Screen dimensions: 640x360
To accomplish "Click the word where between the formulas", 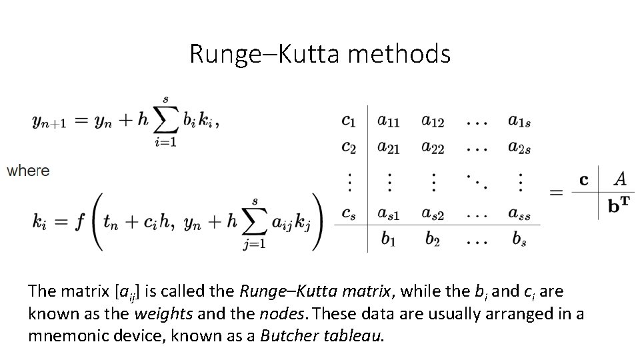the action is point(28,171).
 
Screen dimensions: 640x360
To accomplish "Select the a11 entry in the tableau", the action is point(389,121).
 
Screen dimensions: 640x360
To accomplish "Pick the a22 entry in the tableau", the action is point(433,149).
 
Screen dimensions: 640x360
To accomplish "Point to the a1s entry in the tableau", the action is point(519,121).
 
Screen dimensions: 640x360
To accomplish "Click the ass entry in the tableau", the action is point(519,213).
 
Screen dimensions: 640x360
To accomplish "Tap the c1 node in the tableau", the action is point(349,121).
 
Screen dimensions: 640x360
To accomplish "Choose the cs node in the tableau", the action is point(349,213).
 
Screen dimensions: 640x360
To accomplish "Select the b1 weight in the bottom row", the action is point(389,239).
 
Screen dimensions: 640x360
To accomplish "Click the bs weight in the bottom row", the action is point(519,239).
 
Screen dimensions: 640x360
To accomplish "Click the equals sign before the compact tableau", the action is point(557,193).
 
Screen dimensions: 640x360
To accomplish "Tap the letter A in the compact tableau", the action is point(619,179).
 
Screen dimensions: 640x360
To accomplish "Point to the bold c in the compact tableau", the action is point(584,179).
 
